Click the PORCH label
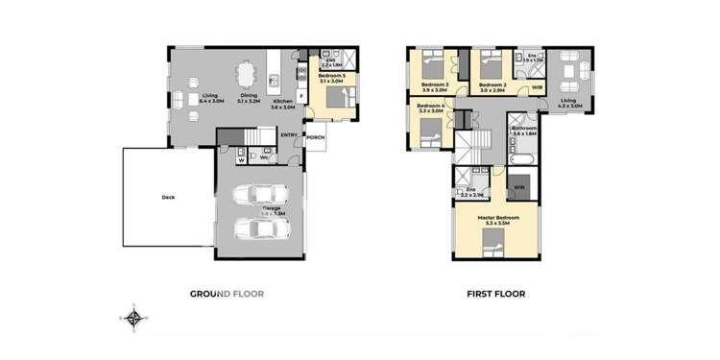click(x=315, y=137)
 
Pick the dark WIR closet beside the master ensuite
click(x=519, y=186)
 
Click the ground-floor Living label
click(x=211, y=96)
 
